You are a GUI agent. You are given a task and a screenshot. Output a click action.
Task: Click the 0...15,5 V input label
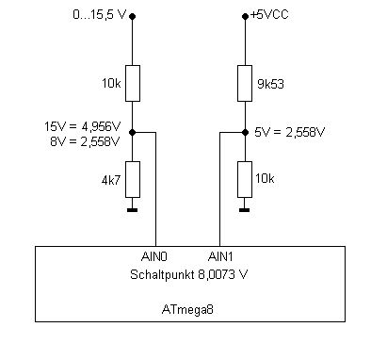coord(100,15)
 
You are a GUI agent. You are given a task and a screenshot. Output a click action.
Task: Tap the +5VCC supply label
coord(269,15)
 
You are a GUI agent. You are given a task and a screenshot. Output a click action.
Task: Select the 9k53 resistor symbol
coord(245,83)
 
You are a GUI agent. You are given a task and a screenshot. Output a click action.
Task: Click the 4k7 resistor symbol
coord(133,179)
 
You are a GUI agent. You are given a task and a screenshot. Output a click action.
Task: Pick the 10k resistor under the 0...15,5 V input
coord(133,83)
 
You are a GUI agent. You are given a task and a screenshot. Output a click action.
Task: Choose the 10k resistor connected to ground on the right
coord(245,179)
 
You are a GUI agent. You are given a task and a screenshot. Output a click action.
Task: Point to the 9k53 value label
coord(270,84)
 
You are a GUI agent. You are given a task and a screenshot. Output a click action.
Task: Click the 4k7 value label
coord(111,180)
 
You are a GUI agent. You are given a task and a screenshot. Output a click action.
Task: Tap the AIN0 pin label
coord(154,257)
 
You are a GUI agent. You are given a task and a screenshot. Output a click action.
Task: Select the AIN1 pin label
coord(220,257)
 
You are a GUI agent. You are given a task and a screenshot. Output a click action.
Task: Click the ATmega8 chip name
coord(187,309)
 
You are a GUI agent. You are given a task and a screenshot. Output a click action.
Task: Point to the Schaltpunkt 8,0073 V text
coord(188,274)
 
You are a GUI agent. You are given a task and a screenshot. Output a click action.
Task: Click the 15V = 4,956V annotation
coord(83,126)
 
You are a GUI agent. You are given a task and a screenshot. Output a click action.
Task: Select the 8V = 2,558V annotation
coord(85,141)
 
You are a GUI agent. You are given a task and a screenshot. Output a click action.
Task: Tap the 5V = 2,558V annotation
coord(289,132)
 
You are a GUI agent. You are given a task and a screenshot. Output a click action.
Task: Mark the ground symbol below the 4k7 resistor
coord(133,210)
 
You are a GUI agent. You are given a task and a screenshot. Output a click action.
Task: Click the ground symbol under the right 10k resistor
coord(245,210)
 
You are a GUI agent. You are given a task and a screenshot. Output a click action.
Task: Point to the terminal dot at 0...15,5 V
coord(133,16)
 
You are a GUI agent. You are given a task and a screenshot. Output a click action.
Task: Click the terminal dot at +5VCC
coord(245,16)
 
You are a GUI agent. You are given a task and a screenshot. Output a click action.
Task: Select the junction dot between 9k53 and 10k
coord(245,133)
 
